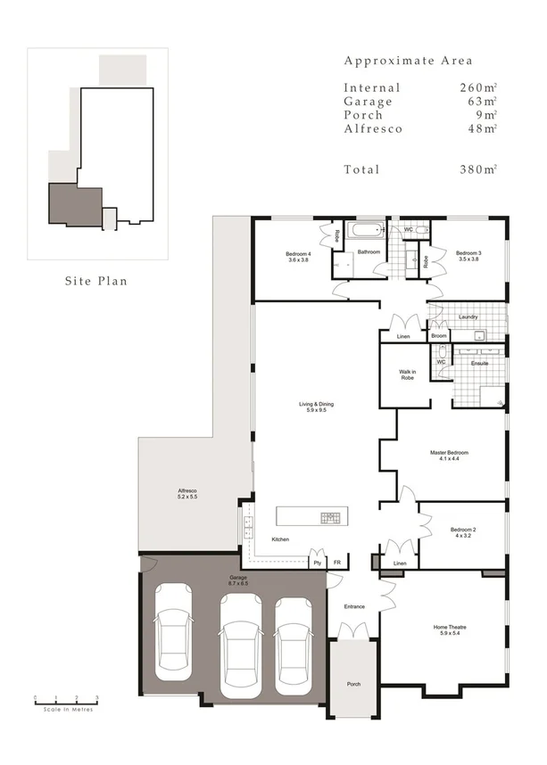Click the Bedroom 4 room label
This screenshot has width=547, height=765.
pyautogui.click(x=298, y=256)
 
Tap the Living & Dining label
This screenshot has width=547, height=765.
pyautogui.click(x=317, y=408)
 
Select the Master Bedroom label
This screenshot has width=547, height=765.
pyautogui.click(x=449, y=456)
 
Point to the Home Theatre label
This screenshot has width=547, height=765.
pyautogui.click(x=450, y=630)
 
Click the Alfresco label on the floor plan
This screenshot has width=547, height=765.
pyautogui.click(x=187, y=495)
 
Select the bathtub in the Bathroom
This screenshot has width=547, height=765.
pyautogui.click(x=363, y=232)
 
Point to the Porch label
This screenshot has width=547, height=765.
pyautogui.click(x=352, y=684)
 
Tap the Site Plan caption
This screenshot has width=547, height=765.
pyautogui.click(x=95, y=281)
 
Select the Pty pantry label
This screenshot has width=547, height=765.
pyautogui.click(x=317, y=563)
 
